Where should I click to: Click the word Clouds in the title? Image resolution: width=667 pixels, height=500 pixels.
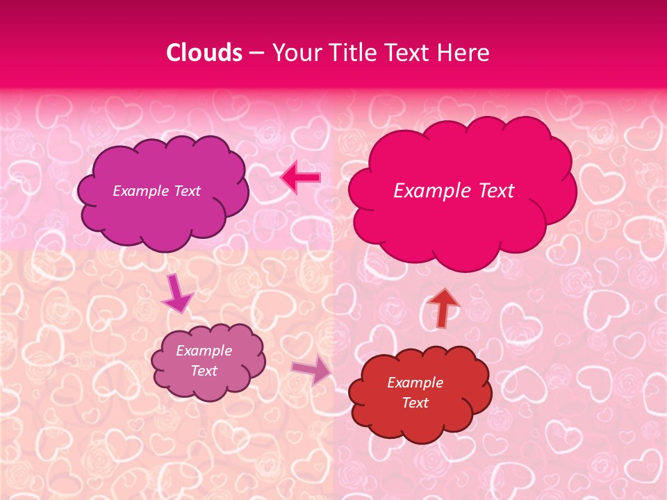click(204, 53)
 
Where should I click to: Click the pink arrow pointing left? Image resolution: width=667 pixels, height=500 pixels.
click(300, 178)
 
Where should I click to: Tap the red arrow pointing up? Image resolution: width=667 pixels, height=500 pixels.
click(443, 307)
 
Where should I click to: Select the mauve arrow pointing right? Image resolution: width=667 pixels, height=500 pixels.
click(311, 371)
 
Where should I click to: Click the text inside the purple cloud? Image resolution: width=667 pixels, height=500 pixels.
click(156, 191)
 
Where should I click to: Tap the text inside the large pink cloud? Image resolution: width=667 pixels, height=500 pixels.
click(454, 191)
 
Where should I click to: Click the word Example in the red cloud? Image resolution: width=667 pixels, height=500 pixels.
click(415, 383)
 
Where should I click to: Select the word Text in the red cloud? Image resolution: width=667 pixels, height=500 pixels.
click(415, 403)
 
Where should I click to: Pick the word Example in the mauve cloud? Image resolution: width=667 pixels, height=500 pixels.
click(204, 351)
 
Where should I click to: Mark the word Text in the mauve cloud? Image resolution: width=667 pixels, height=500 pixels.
click(204, 371)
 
